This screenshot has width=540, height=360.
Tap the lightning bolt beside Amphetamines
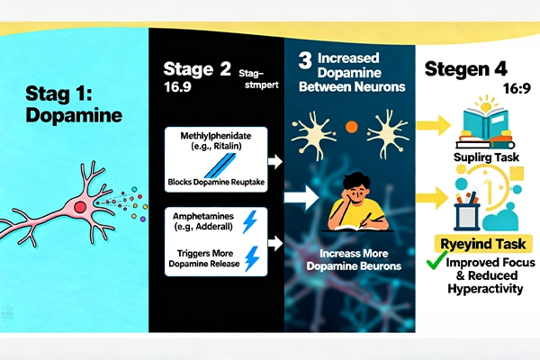tap(251, 220)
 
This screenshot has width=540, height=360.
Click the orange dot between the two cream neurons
tap(351, 126)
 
